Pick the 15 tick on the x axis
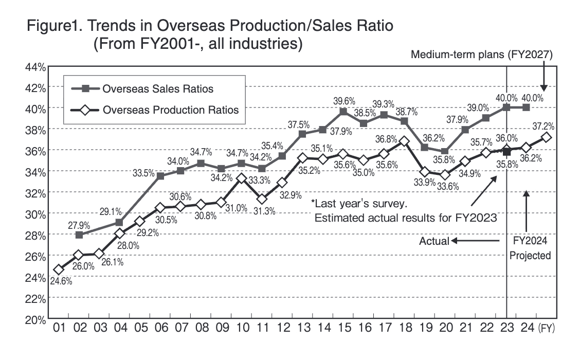(343, 328)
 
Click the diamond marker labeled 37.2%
(547, 137)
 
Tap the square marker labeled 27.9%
(79, 235)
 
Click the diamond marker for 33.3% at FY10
(242, 178)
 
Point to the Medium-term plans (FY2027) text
(484, 56)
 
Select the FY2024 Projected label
(529, 248)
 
